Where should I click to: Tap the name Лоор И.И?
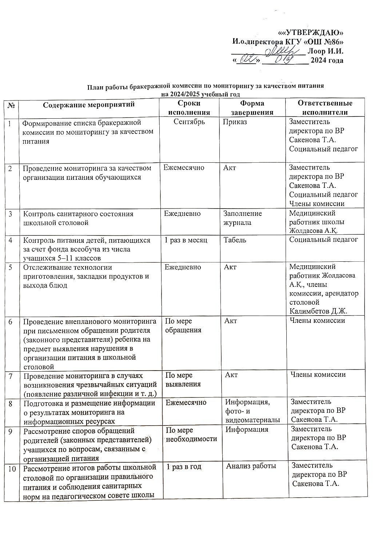pos(326,51)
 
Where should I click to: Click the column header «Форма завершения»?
pos(252,108)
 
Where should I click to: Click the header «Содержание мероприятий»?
pos(89,105)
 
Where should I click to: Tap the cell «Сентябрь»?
pos(189,122)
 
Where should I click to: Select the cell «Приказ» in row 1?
pos(235,122)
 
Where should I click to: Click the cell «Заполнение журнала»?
pos(242,218)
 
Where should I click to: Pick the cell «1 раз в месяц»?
pos(186,240)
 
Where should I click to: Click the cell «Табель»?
pos(235,240)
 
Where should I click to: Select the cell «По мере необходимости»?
pos(191,434)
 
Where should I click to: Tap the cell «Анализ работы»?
pos(251,466)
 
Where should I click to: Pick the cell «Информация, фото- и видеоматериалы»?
pos(252,411)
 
